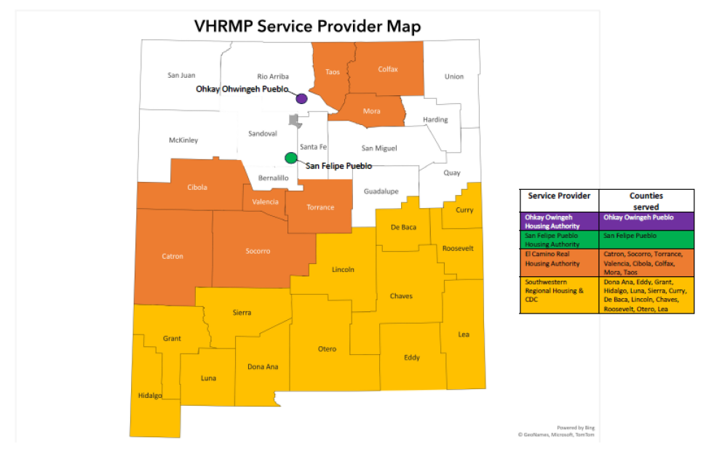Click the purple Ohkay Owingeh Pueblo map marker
(x=301, y=98)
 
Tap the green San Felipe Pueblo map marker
(x=291, y=157)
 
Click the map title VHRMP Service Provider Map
(x=307, y=27)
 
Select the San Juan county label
(x=181, y=75)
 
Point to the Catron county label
(x=172, y=256)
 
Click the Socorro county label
(x=258, y=251)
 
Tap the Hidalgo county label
(x=150, y=395)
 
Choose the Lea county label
(x=464, y=335)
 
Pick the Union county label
(x=454, y=76)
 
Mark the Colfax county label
(x=388, y=69)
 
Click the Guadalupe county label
(x=381, y=191)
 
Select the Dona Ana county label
(x=263, y=367)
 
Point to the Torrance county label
(x=320, y=207)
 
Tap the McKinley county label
(x=183, y=140)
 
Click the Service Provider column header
(x=559, y=196)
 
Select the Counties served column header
(x=646, y=201)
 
